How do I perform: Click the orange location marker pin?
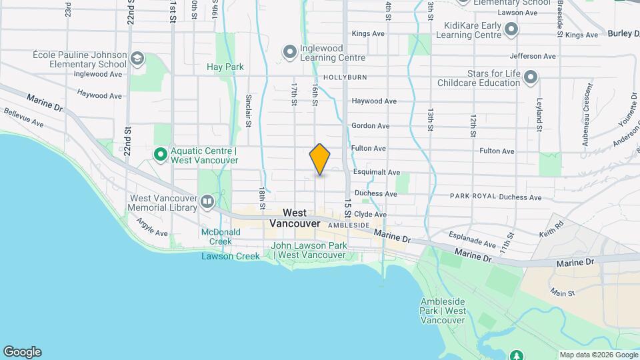point(320,159)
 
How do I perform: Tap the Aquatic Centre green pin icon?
point(161,155)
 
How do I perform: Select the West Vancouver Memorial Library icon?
point(207,201)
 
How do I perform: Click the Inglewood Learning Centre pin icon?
point(289,51)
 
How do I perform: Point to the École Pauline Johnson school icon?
point(138,59)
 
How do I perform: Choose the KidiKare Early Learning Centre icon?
point(511,29)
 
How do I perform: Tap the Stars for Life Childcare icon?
point(531,77)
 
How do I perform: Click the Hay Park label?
point(225,67)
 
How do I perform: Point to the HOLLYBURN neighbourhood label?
point(345,77)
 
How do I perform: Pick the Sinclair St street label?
point(247,109)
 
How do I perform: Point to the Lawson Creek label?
point(231,256)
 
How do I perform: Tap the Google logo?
point(22,352)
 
